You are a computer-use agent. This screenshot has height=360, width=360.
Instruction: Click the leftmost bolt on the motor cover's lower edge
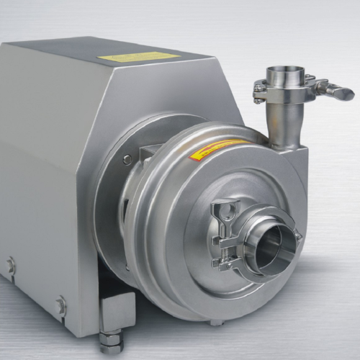pos(11,265)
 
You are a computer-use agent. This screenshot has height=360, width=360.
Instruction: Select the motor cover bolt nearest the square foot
pos(61,306)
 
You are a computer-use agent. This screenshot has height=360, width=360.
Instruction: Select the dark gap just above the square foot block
pos(119,287)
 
